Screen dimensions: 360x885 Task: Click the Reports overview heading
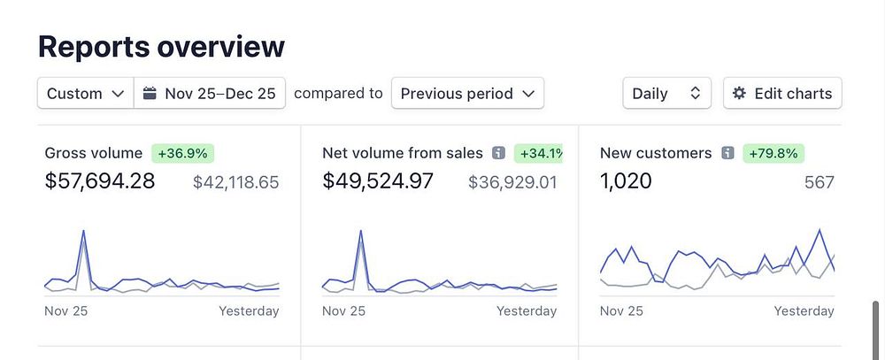click(161, 46)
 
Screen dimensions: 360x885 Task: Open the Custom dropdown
click(85, 93)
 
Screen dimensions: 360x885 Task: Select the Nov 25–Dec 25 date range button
click(210, 93)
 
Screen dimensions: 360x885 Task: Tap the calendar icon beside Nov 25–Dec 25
click(150, 93)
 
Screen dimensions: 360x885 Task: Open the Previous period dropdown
click(467, 93)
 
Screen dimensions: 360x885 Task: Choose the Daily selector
click(666, 93)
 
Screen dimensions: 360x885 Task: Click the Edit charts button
click(782, 93)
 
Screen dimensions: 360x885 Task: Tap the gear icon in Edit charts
click(740, 93)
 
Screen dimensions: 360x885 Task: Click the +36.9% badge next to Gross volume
click(182, 153)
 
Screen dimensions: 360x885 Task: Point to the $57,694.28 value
click(100, 181)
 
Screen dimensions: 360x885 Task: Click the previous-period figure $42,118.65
click(235, 182)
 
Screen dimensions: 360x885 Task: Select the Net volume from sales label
click(403, 153)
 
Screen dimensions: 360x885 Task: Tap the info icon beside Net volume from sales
click(498, 153)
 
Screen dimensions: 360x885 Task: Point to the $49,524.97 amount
click(378, 181)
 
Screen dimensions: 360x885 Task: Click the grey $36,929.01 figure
click(512, 182)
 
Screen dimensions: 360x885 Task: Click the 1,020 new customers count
click(626, 181)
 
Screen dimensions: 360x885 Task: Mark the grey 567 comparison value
click(819, 182)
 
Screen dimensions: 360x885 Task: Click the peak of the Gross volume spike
click(83, 232)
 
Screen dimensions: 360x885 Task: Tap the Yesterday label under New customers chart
click(804, 310)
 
